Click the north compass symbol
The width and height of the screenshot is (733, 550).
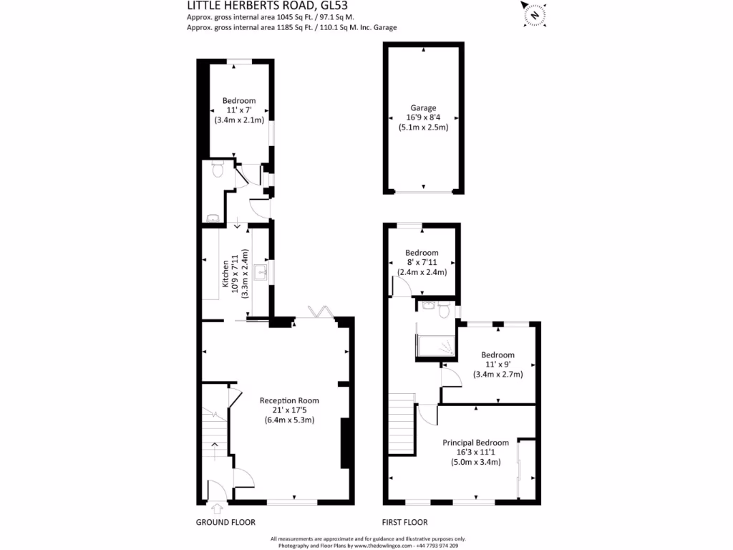coord(532,14)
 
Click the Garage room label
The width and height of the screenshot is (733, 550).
coord(423,108)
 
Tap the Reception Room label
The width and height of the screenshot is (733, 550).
coord(289,400)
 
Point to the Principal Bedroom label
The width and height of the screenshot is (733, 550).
coord(475,443)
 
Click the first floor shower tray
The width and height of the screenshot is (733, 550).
coord(436,344)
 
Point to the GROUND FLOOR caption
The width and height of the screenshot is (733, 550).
coord(225,522)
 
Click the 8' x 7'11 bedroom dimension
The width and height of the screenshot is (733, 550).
coord(422,262)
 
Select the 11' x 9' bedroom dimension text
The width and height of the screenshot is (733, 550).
coord(497,365)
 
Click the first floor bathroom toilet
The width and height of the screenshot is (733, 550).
coord(443,311)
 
